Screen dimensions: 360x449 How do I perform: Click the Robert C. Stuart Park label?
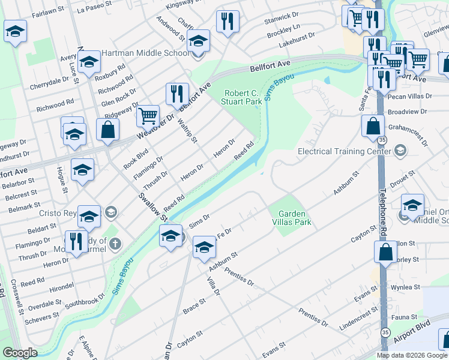[x=243, y=97]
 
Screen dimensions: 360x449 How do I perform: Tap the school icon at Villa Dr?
[x=204, y=247]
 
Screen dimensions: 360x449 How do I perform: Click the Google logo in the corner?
[x=20, y=353]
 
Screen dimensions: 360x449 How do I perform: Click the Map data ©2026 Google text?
[x=412, y=355]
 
